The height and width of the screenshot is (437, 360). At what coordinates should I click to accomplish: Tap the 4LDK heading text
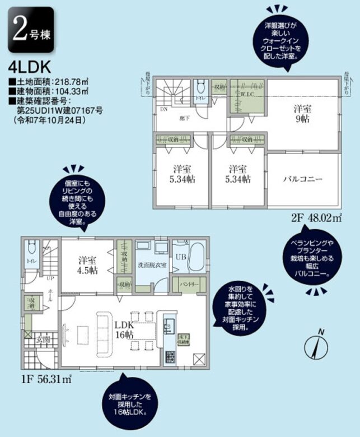30,67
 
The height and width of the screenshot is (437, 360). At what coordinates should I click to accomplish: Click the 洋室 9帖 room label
303,114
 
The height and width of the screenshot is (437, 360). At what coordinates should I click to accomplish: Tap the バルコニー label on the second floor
304,179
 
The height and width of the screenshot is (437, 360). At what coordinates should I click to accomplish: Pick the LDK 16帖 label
124,330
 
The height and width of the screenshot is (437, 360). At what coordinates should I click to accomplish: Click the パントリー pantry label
189,285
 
